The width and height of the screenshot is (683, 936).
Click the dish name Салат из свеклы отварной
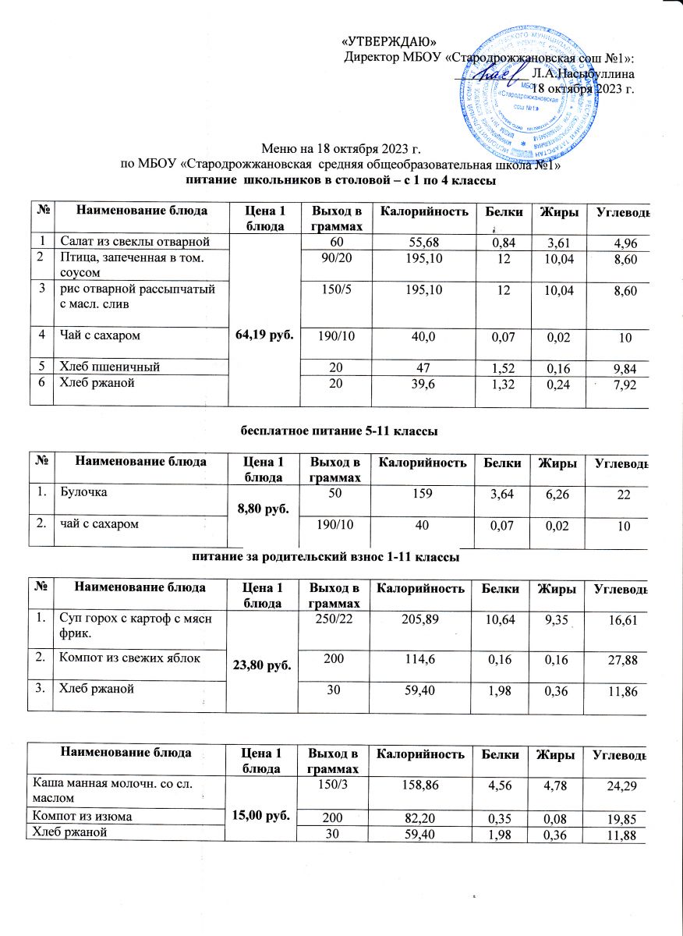132,239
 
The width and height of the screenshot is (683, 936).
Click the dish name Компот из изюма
80,816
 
